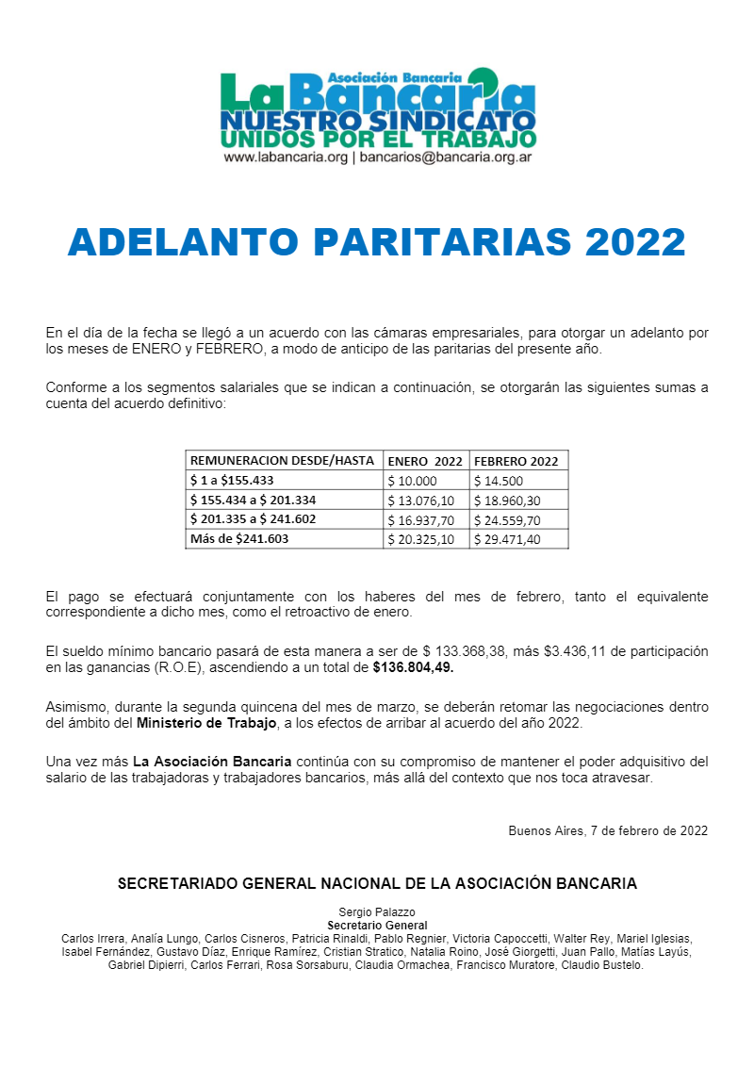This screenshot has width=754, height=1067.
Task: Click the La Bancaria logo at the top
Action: (x=377, y=108)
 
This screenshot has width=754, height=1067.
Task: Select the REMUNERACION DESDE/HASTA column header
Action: (x=284, y=461)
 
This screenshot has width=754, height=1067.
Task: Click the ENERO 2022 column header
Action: (x=425, y=461)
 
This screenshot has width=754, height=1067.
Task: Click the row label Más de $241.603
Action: (x=239, y=539)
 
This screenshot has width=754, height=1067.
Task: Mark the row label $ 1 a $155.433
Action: (x=232, y=481)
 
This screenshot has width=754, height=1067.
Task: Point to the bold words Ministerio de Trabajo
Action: (x=207, y=723)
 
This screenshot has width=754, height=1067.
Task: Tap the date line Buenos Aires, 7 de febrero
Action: (x=608, y=830)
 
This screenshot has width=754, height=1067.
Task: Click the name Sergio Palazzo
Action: (x=377, y=912)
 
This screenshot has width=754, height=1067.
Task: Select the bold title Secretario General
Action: (x=377, y=926)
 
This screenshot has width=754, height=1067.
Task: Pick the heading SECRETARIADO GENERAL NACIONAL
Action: (x=377, y=884)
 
